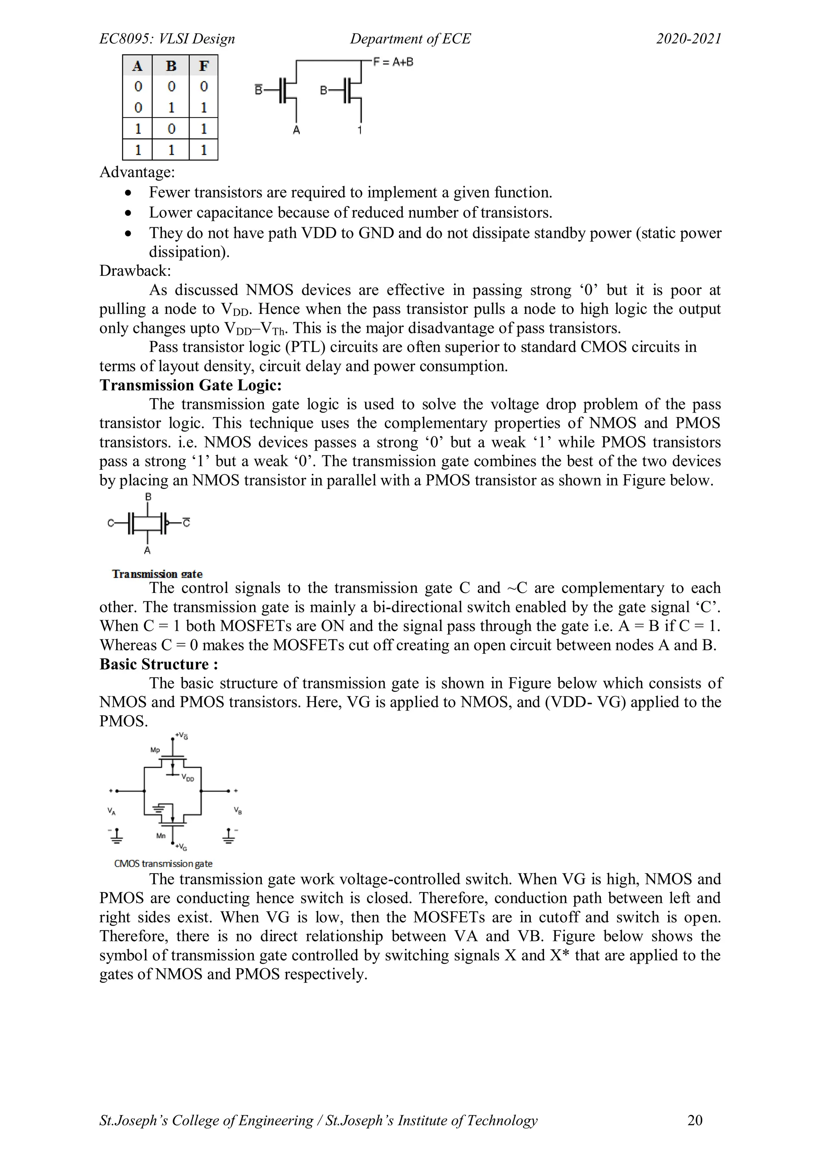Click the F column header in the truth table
pyautogui.click(x=204, y=66)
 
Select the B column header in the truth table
pyautogui.click(x=171, y=66)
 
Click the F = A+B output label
pyautogui.click(x=393, y=62)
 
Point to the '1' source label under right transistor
pyautogui.click(x=360, y=130)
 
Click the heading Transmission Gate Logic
pyautogui.click(x=190, y=385)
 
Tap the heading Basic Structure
pyautogui.click(x=158, y=664)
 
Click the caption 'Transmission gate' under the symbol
pyautogui.click(x=157, y=574)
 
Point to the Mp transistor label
pyautogui.click(x=155, y=750)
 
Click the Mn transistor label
pyautogui.click(x=161, y=836)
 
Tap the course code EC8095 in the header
pyautogui.click(x=126, y=39)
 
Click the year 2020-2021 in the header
pyautogui.click(x=689, y=39)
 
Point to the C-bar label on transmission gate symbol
pyautogui.click(x=186, y=522)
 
